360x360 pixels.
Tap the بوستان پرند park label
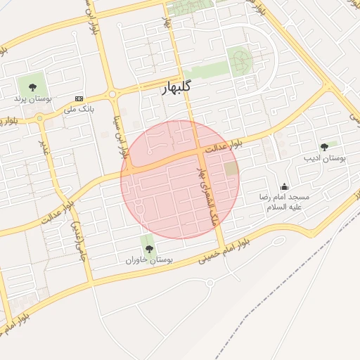[x=30, y=99]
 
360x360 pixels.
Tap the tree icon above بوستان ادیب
[x=324, y=146]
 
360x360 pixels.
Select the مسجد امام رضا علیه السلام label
[x=284, y=202]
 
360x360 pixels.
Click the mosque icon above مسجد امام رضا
[x=284, y=186]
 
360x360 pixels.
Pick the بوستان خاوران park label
[x=149, y=260]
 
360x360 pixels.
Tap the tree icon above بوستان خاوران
[x=148, y=247]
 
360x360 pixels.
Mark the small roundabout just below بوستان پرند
[x=39, y=120]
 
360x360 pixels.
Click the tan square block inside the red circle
[x=231, y=169]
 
